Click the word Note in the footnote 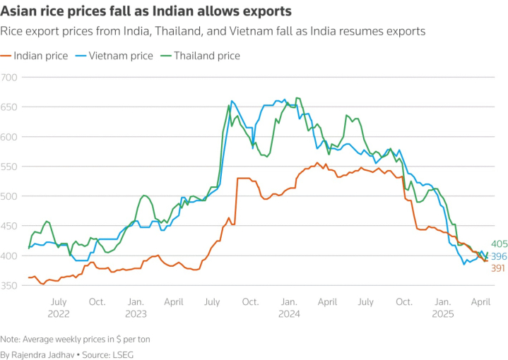pos(11,339)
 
